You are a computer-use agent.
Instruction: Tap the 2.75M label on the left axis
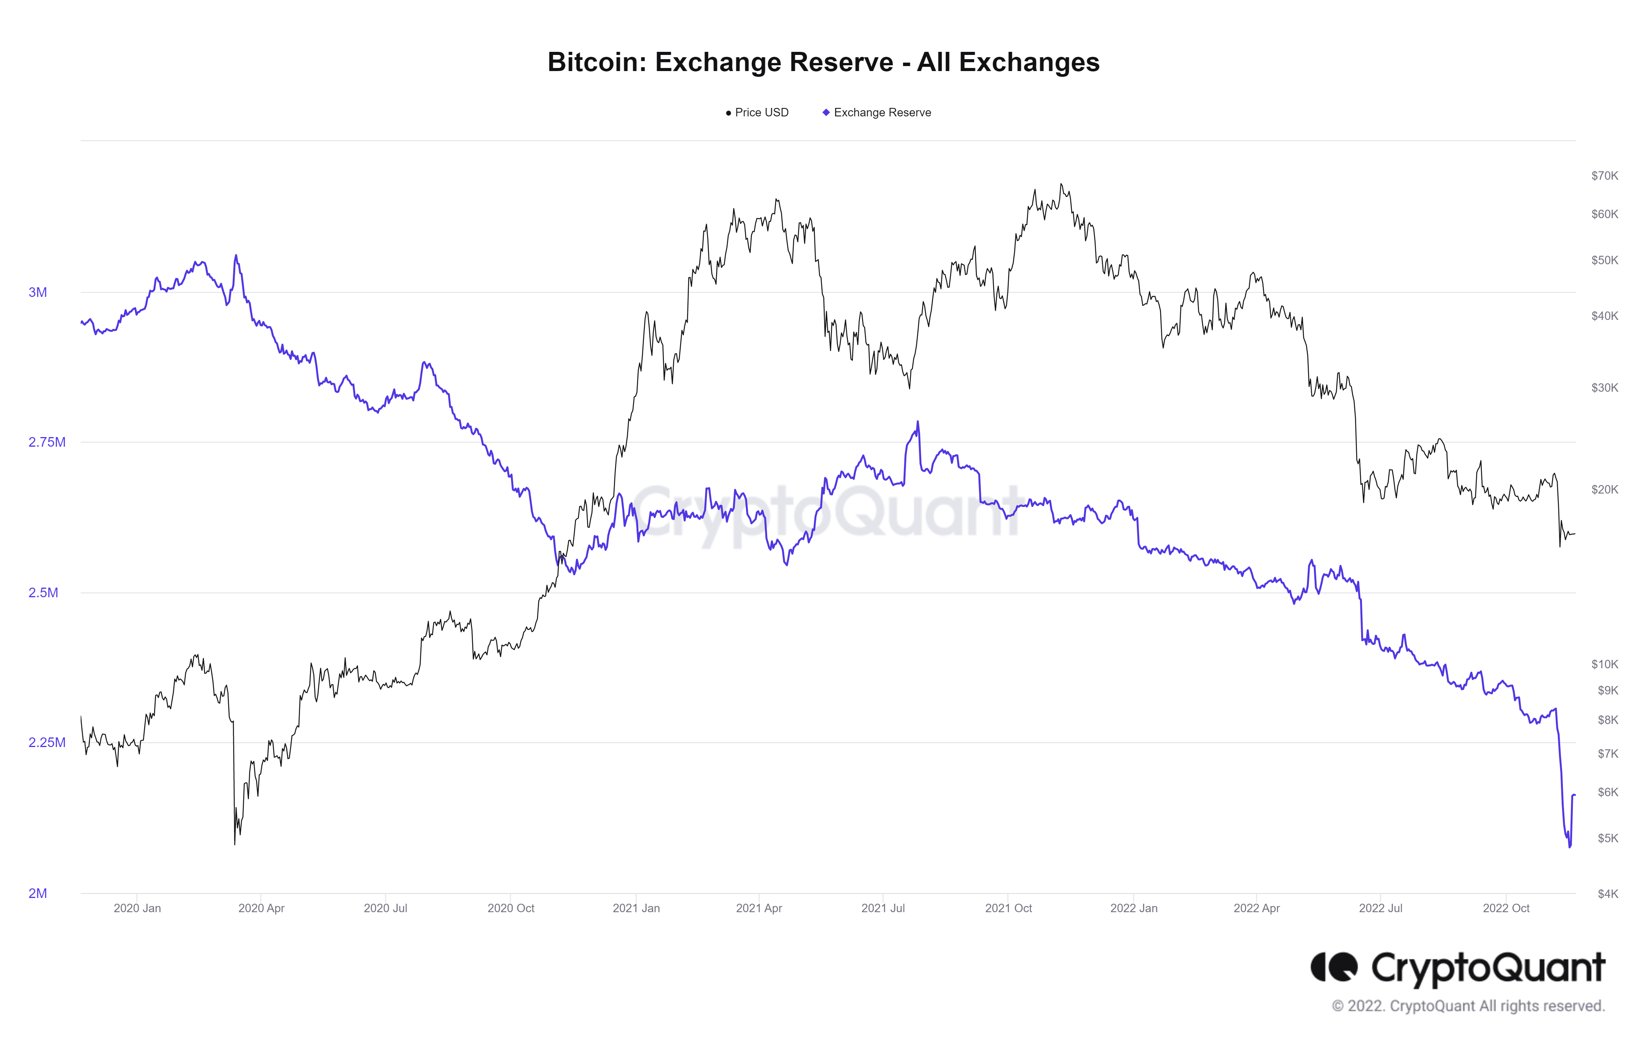(46, 442)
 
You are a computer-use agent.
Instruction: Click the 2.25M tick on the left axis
(46, 742)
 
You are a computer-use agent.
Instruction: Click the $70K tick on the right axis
(1604, 176)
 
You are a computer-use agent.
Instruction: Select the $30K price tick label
(1604, 388)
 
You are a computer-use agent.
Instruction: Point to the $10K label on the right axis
(1604, 664)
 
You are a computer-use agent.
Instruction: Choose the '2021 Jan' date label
(636, 908)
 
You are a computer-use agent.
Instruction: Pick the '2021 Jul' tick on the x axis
(882, 908)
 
